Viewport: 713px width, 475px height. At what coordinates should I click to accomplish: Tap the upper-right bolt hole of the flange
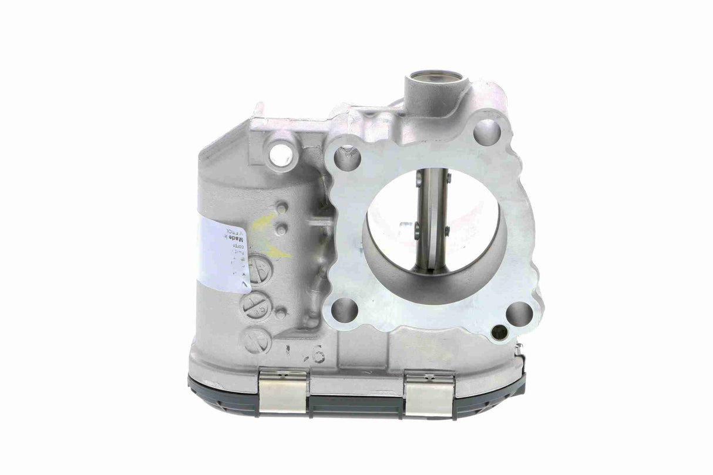coord(487,133)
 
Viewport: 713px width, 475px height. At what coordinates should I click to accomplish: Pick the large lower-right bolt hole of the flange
coord(520,314)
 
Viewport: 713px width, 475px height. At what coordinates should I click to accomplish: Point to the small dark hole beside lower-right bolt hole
coord(499,332)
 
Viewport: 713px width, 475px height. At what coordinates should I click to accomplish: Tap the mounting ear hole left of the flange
coord(281,154)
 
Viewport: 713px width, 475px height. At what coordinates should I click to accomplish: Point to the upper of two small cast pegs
coord(282,208)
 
